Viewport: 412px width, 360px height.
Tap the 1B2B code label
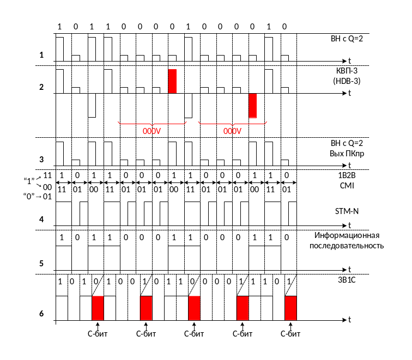point(348,176)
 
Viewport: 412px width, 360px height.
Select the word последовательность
point(347,246)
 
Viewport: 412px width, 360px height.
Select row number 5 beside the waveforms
point(41,264)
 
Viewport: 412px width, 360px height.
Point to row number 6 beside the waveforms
point(41,314)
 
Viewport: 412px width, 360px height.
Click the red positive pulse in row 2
point(172,81)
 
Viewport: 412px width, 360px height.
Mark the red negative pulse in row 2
point(252,105)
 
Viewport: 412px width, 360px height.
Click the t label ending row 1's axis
point(349,60)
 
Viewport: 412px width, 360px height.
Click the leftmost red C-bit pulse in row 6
point(98,308)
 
